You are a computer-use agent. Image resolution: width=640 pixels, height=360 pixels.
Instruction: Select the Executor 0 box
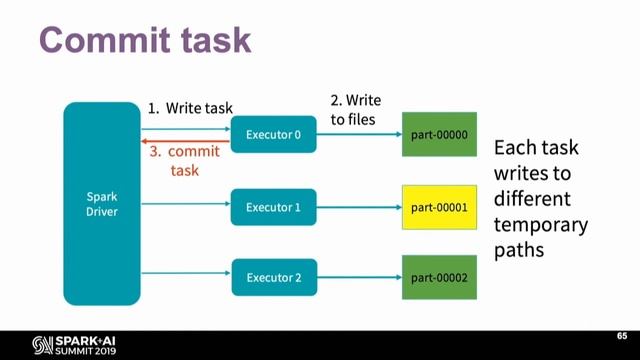(x=273, y=135)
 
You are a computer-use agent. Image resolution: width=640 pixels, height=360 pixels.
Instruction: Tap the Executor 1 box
(x=273, y=208)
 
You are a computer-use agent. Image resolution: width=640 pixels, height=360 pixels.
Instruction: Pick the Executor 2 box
(x=273, y=276)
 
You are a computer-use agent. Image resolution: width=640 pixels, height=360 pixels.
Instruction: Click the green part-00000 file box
(x=439, y=135)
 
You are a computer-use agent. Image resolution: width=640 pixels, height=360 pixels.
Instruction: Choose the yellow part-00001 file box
(x=439, y=208)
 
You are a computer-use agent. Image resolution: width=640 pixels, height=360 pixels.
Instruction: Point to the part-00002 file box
(x=439, y=276)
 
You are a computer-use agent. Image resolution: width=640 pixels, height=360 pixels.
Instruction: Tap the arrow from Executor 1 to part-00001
(x=359, y=208)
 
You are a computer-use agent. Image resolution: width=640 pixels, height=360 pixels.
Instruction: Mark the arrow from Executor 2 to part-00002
(x=359, y=277)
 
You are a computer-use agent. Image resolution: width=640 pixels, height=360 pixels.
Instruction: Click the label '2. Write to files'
(x=355, y=109)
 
